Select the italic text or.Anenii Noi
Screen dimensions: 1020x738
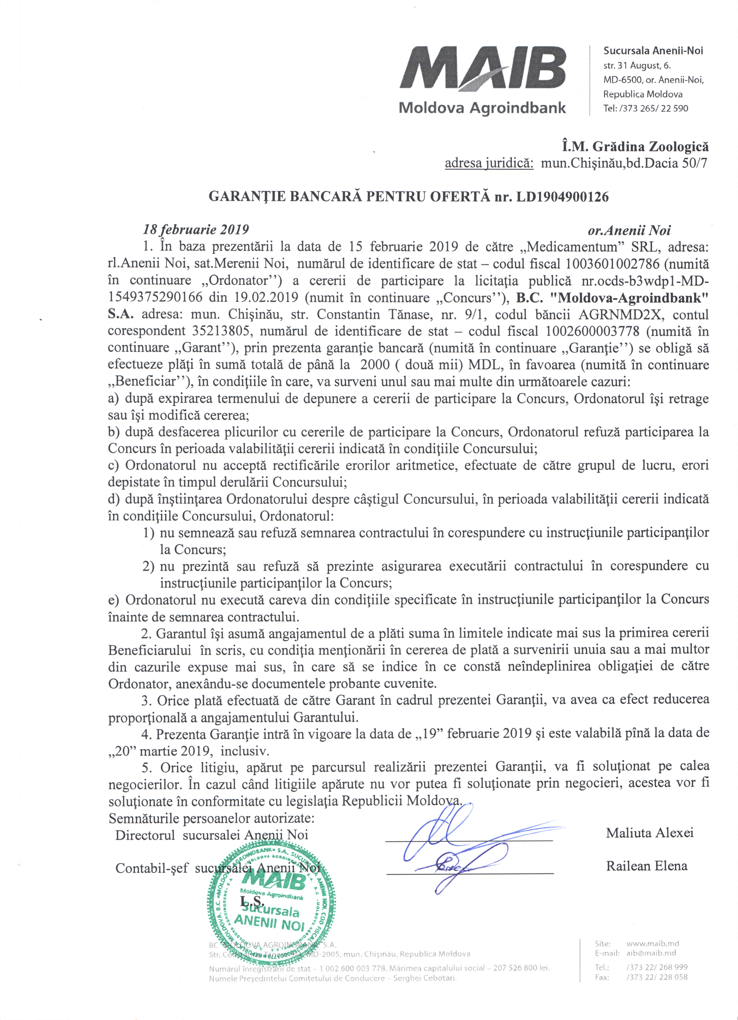pyautogui.click(x=629, y=231)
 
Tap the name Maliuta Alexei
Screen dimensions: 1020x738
pyautogui.click(x=649, y=833)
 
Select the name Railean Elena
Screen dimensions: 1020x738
pyautogui.click(x=646, y=866)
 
